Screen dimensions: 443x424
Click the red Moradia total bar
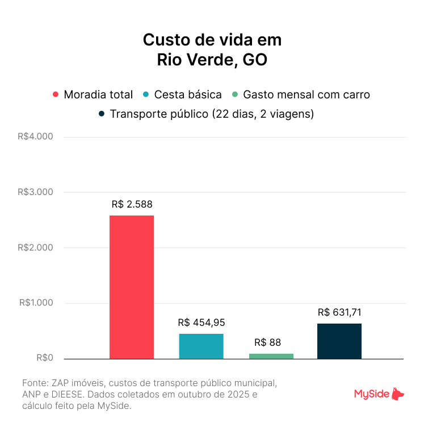pos(131,287)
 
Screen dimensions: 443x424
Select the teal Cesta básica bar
pos(201,346)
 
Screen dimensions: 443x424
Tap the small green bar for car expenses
pos(271,356)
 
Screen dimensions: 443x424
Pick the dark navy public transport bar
pos(339,341)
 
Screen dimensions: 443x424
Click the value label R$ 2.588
pos(132,204)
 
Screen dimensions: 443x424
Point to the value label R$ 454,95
pos(201,322)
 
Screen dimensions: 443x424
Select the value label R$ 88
pos(267,342)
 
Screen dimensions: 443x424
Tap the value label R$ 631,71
pos(339,312)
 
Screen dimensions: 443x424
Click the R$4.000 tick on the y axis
pos(35,136)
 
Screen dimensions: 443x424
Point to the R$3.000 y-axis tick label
pos(35,192)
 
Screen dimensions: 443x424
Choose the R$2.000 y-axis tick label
pos(35,247)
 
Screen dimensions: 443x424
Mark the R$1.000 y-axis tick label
pos(35,303)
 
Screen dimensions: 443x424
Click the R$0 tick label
pos(44,358)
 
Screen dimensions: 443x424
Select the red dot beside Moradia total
pos(55,95)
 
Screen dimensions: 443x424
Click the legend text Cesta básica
pos(188,95)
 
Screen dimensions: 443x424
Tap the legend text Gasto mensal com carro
pos(306,95)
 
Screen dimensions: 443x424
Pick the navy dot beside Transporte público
pos(101,114)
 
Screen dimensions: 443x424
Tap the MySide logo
pos(379,394)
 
